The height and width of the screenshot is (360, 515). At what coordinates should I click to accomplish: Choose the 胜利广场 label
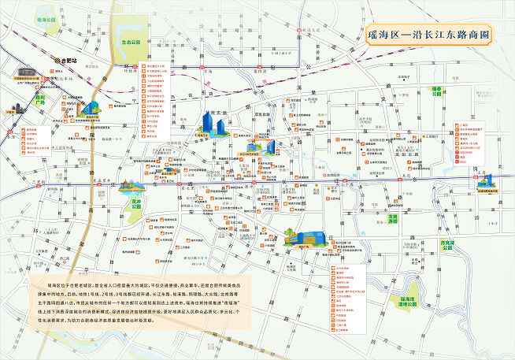41,101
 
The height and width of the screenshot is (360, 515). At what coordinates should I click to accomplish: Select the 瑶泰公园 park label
436,92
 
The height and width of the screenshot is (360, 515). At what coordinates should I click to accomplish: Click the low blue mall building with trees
303,237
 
